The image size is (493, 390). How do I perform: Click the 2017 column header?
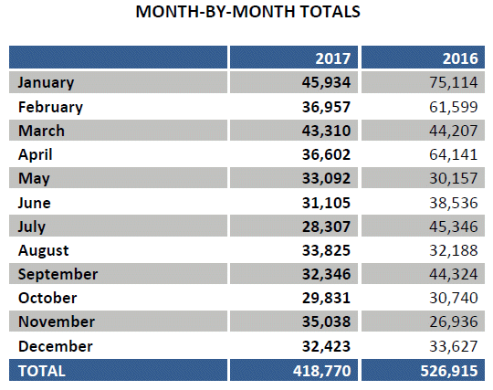[x=333, y=58]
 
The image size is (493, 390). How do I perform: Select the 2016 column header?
[x=460, y=58]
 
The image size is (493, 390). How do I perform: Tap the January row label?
[x=47, y=83]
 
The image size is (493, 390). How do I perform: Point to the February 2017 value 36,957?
[x=326, y=107]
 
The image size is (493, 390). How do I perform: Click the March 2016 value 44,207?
[x=454, y=131]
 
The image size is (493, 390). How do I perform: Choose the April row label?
[x=36, y=155]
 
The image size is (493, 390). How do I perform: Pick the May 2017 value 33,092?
[x=326, y=178]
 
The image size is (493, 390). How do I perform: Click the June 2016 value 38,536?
[x=454, y=203]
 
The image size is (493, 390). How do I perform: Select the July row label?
[x=32, y=227]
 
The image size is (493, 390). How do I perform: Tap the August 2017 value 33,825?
[x=326, y=250]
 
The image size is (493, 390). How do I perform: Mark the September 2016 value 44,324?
[x=454, y=274]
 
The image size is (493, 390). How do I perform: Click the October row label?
[x=47, y=298]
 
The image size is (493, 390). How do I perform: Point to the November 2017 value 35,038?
[x=326, y=321]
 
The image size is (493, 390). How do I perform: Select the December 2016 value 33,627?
[x=454, y=346]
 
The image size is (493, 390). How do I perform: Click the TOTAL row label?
[x=42, y=371]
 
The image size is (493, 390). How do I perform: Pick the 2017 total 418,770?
[x=322, y=371]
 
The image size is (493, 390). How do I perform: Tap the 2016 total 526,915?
[x=449, y=371]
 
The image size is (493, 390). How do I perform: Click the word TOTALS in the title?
[x=330, y=12]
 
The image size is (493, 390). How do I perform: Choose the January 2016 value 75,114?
[x=454, y=82]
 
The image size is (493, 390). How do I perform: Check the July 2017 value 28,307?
[x=326, y=227]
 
